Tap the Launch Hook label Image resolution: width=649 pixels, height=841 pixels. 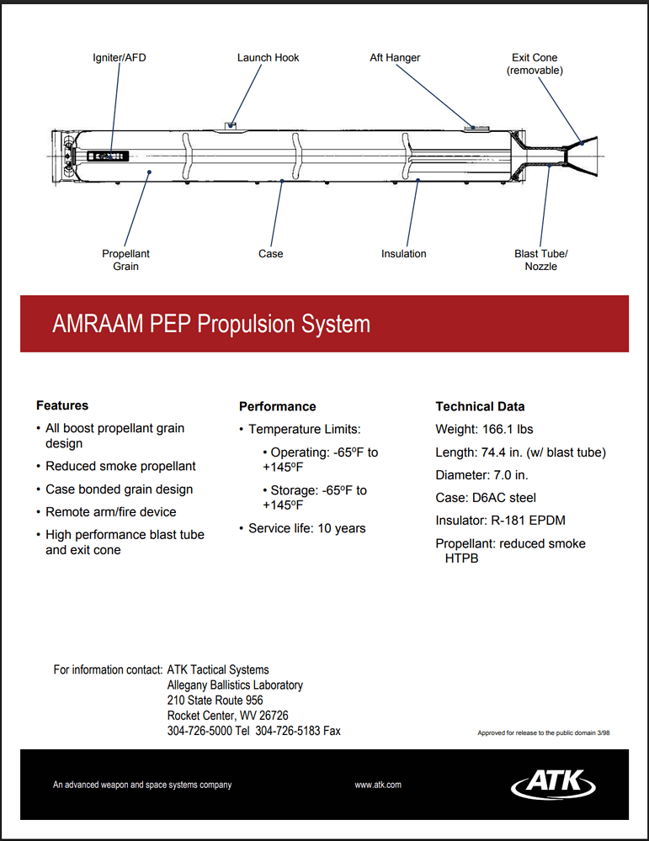point(268,58)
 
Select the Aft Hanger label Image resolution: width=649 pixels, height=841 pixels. point(395,58)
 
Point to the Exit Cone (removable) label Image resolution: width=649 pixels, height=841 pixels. point(535,64)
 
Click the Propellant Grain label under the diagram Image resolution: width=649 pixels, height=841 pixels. point(125,260)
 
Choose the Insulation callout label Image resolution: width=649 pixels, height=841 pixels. point(403,254)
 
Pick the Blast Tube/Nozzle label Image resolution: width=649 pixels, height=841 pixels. point(541,260)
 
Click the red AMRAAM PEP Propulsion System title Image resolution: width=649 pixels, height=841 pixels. point(211,325)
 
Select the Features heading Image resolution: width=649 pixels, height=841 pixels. point(62,405)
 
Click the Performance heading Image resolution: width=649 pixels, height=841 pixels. point(277,406)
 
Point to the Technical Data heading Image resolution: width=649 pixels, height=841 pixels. point(480,406)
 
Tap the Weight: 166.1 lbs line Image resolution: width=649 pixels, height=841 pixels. point(484,429)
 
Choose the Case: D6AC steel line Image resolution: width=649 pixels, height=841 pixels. point(486,498)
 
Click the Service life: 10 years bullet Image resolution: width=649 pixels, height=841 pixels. point(306,528)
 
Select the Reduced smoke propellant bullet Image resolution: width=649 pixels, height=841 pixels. point(120,466)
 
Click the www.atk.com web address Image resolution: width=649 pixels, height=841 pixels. point(378,785)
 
